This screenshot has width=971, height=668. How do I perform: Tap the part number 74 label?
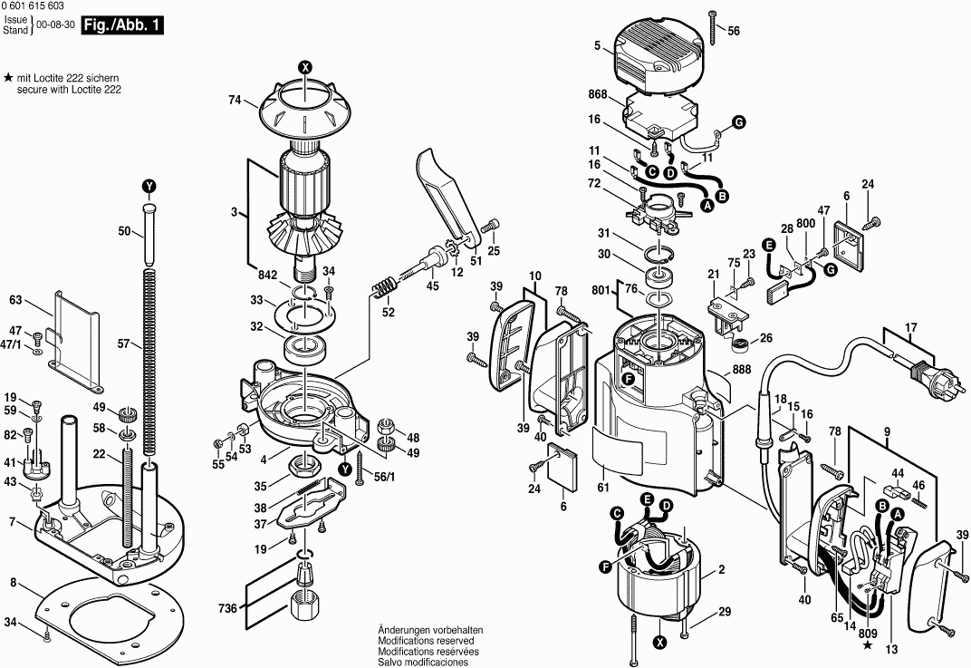click(x=236, y=101)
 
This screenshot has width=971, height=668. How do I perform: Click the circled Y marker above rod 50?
click(x=149, y=186)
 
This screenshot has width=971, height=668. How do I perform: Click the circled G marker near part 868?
click(x=738, y=121)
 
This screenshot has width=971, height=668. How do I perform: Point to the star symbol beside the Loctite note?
click(x=7, y=80)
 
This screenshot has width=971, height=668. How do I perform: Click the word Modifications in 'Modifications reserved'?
click(x=407, y=640)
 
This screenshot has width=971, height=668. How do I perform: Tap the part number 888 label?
click(x=742, y=370)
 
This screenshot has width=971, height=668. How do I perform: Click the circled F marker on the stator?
click(x=604, y=567)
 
